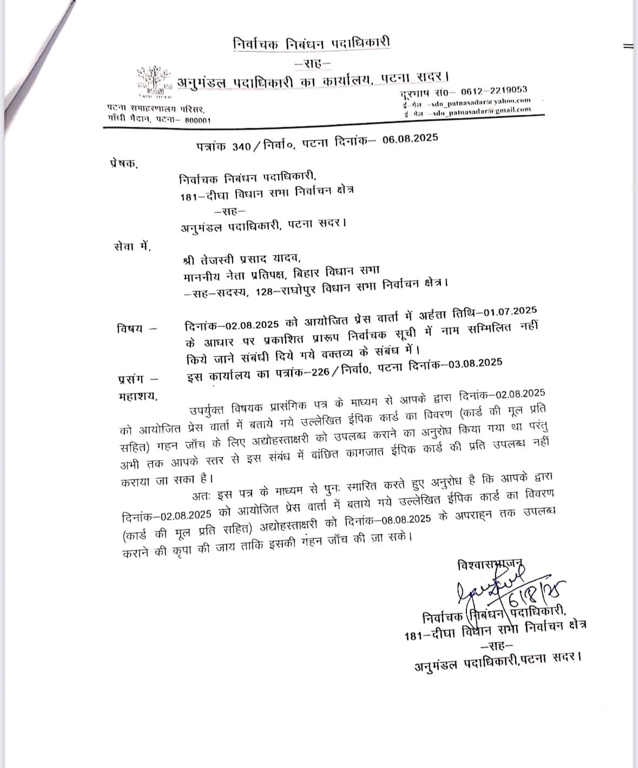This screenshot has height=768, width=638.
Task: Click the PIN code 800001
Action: click(198, 120)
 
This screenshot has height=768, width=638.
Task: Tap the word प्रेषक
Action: click(122, 164)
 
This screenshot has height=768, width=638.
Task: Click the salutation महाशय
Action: click(137, 397)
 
